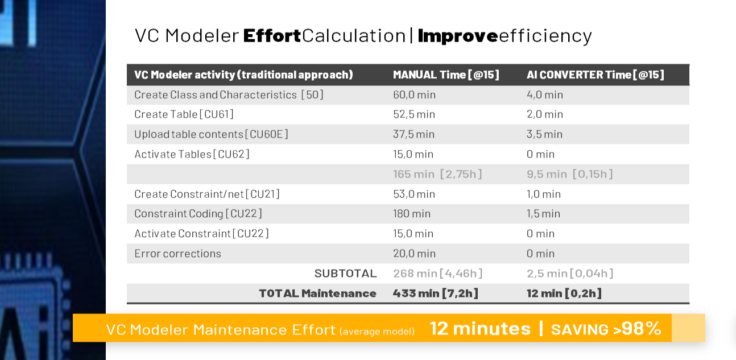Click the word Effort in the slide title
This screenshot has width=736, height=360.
[272, 35]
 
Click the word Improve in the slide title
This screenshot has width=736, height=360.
[458, 35]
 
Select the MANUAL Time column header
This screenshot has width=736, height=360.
[446, 75]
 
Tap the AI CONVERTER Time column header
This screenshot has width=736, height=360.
[595, 75]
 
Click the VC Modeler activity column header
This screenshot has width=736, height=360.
[243, 75]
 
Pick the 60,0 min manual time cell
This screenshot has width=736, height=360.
[414, 94]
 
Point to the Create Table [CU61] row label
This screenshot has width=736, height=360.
[184, 114]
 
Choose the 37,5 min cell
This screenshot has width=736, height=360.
[414, 134]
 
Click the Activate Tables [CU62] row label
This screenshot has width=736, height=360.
[192, 154]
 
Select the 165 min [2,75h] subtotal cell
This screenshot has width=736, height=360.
[437, 174]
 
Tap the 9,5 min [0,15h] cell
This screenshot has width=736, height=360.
[569, 174]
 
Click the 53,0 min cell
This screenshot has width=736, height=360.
[414, 194]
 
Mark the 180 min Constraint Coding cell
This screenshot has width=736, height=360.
[412, 214]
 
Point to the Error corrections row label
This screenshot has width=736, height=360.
[177, 254]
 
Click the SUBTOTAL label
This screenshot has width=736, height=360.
[345, 274]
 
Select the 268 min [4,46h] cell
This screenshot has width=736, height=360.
[437, 274]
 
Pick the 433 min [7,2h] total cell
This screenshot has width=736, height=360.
[435, 293]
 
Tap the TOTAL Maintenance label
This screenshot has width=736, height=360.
[317, 293]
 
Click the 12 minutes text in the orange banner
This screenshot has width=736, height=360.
[480, 328]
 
